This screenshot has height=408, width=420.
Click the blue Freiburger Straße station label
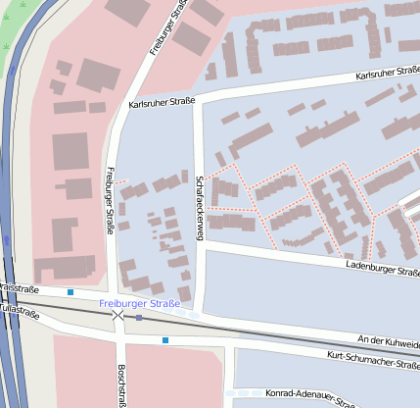139,304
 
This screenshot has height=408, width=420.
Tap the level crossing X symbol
117,316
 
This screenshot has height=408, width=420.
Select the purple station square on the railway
139,318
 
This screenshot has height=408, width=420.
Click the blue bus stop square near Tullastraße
70,292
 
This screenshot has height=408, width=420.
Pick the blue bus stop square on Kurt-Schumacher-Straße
165,340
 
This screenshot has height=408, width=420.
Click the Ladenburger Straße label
383,268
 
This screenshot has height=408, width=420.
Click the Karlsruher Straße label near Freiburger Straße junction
163,101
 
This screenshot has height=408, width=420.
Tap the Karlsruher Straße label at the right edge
387,76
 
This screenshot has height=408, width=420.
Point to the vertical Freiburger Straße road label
109,201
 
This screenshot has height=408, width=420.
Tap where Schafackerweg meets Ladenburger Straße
202,244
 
